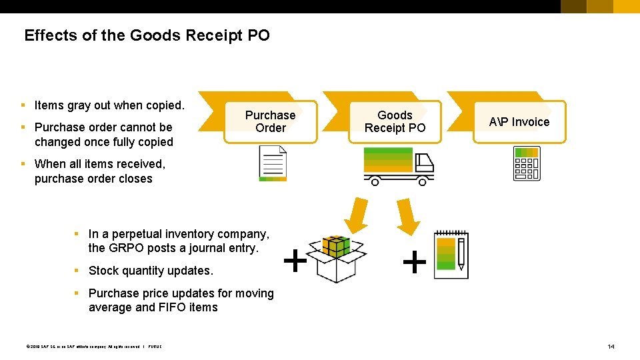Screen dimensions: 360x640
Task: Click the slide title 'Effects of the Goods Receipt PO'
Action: [x=147, y=35]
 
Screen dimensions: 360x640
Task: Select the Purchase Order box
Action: [x=270, y=121]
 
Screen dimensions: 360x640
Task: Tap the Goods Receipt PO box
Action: [x=395, y=121]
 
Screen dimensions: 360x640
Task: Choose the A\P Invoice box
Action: [x=519, y=121]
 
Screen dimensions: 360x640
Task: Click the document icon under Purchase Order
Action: [x=273, y=163]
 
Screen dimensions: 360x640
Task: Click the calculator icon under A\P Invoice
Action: [x=526, y=163]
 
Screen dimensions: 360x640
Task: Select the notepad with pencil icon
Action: [x=451, y=255]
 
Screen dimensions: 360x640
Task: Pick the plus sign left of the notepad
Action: [x=415, y=263]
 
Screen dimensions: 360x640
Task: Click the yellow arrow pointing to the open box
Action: [x=355, y=214]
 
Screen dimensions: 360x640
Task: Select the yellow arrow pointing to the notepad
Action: [x=407, y=214]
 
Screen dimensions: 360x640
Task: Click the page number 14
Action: [x=611, y=346]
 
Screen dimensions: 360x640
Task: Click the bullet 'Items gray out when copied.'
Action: [x=109, y=105]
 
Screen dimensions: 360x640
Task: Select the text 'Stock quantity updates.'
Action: [x=151, y=271]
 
